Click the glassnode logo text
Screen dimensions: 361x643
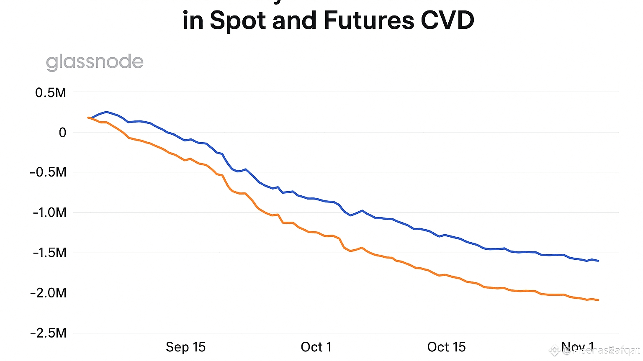tap(95, 62)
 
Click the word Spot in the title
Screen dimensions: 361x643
tap(237, 20)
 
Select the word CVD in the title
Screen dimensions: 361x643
tap(447, 20)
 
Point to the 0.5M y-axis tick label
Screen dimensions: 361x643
tap(51, 92)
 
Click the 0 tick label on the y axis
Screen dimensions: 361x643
tap(62, 133)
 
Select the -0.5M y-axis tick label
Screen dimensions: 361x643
tap(48, 172)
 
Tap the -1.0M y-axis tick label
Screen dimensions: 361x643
tap(49, 213)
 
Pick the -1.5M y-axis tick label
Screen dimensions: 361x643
tap(49, 253)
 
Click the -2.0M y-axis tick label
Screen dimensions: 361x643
tap(48, 293)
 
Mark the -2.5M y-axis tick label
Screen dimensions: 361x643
tap(48, 333)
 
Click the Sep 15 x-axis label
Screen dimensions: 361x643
tap(185, 347)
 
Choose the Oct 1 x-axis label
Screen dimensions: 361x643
tap(316, 347)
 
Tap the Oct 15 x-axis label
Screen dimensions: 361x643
tap(446, 347)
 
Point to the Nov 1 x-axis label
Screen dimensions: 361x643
tap(577, 346)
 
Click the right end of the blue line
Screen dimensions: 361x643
tap(598, 261)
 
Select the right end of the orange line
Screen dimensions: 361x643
tap(598, 300)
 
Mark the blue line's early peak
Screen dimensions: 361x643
tap(106, 112)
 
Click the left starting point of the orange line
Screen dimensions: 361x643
tap(88, 118)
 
